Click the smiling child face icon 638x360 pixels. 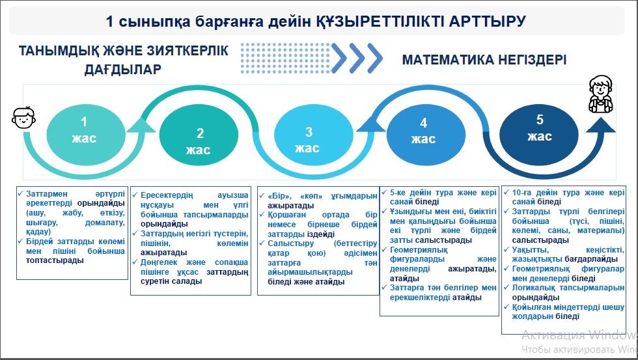pos(23,118)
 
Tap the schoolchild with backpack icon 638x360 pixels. pos(601,94)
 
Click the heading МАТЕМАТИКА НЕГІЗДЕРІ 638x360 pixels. pos(484,60)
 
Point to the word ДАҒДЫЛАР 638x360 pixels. pos(122,70)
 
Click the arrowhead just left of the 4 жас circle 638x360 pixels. pos(370,124)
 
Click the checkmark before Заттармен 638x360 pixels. pos(20,193)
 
